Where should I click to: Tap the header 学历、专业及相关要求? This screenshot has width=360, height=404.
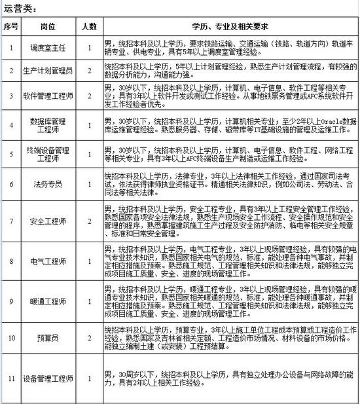tap(231, 27)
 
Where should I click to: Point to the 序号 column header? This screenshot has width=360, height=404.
tap(10, 27)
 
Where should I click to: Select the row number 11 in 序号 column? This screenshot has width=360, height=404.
tap(10, 379)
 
